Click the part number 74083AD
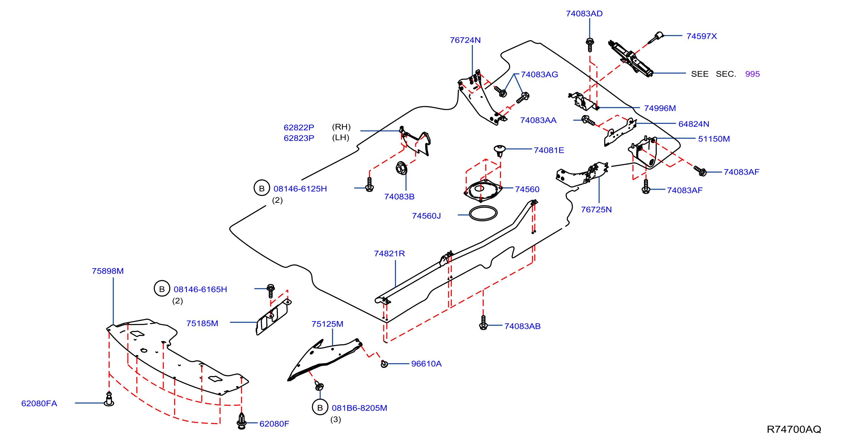(584, 13)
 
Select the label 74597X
(702, 36)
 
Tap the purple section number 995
(752, 74)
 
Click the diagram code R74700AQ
(794, 429)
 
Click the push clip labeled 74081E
(499, 150)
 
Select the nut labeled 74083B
(402, 168)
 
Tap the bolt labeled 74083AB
(483, 322)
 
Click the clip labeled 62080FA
(109, 399)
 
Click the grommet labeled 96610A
(384, 364)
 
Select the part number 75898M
(108, 271)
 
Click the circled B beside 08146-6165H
(162, 289)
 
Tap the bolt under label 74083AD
(590, 45)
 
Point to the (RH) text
(341, 127)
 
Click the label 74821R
(390, 253)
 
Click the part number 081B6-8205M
(359, 408)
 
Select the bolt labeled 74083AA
(588, 121)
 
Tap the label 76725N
(596, 210)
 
